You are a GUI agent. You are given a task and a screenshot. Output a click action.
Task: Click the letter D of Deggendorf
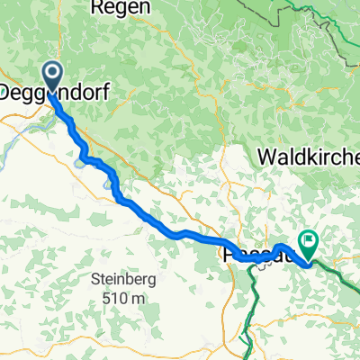click(x=7, y=92)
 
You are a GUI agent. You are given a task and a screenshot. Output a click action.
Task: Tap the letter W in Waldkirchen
click(x=266, y=156)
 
